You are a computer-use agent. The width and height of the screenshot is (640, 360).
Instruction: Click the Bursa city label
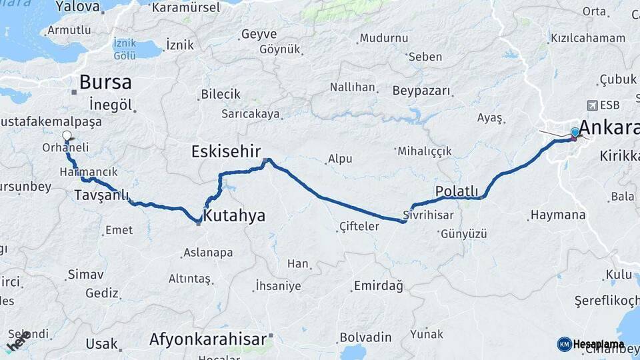coord(105,83)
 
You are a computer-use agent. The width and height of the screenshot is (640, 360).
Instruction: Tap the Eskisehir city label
coord(225,151)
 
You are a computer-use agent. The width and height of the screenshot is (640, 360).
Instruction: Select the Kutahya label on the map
coord(234,216)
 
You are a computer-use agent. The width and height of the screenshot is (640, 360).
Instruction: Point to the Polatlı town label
coord(457,192)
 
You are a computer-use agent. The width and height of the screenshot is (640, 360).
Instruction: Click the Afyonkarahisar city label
coord(208,339)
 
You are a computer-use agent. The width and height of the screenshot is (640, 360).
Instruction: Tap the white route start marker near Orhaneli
coord(66,136)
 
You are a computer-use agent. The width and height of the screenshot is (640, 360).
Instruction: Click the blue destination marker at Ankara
coord(575,133)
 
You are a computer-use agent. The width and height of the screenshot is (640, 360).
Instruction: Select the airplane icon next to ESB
coord(591,105)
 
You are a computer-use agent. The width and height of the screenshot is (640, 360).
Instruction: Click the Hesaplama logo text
coord(598,344)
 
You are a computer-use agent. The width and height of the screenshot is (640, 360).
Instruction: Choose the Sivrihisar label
coord(428,215)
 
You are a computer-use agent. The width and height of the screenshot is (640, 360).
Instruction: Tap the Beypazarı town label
coord(421,91)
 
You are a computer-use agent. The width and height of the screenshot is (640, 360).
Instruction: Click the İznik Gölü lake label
coord(125,49)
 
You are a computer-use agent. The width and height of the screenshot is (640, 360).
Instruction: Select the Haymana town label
coord(557,215)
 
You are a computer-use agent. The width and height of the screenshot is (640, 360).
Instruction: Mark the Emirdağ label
coord(379,286)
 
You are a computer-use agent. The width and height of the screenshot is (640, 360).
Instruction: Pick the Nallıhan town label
coord(352,87)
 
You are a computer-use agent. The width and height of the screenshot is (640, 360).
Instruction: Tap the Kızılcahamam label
coord(587,38)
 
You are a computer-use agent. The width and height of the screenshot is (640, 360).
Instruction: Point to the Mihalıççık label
coord(425,151)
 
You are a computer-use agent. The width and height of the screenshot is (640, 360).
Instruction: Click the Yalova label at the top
coord(78,7)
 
